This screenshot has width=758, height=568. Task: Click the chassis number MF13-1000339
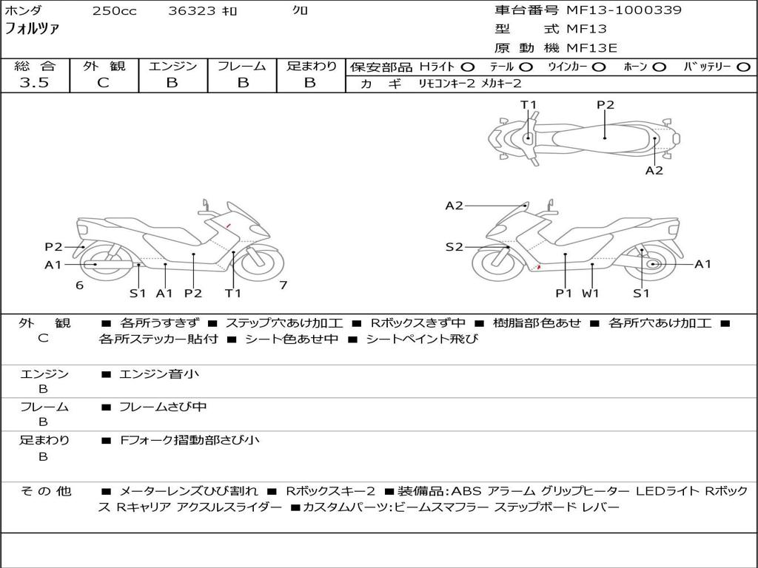point(624,10)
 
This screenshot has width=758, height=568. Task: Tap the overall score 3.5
point(34,83)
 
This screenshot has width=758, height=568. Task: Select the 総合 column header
point(34,66)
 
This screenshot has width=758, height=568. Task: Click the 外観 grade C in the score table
point(103,83)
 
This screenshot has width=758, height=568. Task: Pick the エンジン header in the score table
point(172,66)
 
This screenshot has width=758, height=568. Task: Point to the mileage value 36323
point(192,11)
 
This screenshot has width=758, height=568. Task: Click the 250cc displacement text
point(114,11)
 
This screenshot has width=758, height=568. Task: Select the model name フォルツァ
point(32,30)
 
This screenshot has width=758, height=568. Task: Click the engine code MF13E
point(592,48)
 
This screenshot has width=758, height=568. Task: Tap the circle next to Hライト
point(468,67)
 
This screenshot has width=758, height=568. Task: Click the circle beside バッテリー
point(743,67)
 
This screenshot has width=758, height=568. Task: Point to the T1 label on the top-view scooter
point(528,105)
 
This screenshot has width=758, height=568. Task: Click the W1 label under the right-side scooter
point(590,293)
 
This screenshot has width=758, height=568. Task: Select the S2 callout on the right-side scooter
point(454,247)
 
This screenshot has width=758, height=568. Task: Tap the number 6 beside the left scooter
point(79,285)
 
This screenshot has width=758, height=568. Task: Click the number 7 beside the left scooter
point(283,285)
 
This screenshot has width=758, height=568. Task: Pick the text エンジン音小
point(159,374)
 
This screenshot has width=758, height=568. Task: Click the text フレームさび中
point(163,407)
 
